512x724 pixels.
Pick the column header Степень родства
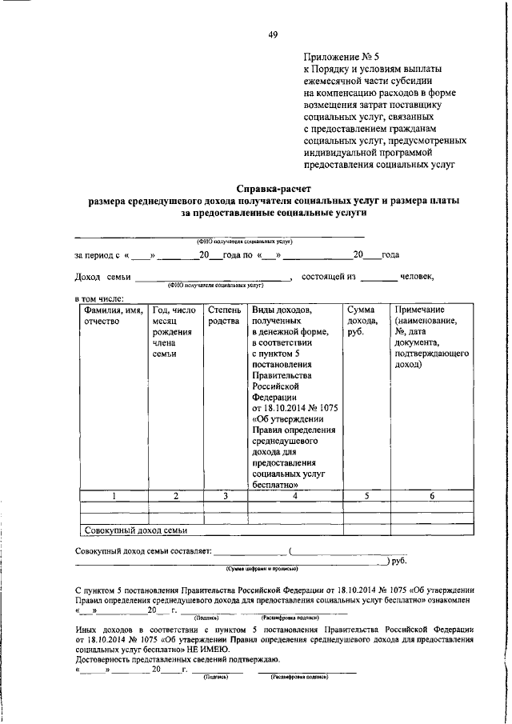click(x=223, y=315)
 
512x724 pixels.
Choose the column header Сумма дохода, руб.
click(x=363, y=321)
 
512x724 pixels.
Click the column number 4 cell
click(x=294, y=496)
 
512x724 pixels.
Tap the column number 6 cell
click(x=431, y=496)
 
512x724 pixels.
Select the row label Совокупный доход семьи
click(x=135, y=530)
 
